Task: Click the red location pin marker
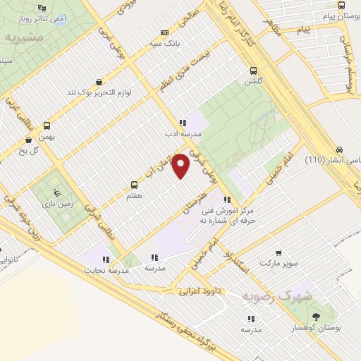(x=181, y=166)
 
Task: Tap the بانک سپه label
(x=183, y=42)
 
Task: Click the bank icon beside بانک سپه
(x=164, y=32)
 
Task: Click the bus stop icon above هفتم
(x=134, y=185)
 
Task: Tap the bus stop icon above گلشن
(x=253, y=70)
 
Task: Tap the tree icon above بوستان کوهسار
(x=315, y=316)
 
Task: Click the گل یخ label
(x=32, y=151)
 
